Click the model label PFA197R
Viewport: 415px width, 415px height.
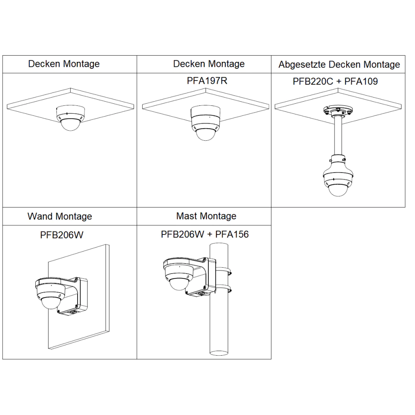click(207, 81)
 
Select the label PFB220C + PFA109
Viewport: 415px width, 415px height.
click(335, 81)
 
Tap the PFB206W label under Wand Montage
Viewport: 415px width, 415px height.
click(62, 235)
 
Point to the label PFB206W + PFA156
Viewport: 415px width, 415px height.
click(205, 234)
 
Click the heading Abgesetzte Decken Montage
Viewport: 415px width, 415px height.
click(339, 65)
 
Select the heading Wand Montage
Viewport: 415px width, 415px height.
click(60, 217)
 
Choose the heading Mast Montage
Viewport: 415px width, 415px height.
click(206, 216)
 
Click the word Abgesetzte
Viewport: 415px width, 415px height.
click(302, 65)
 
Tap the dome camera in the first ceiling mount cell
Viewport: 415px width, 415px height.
click(71, 118)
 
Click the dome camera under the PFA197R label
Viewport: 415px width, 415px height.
click(206, 123)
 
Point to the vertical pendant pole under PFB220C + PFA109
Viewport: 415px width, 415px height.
click(338, 136)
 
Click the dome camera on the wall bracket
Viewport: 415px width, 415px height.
click(51, 294)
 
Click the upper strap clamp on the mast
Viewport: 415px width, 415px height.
click(223, 271)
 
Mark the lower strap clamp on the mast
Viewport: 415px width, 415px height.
click(223, 288)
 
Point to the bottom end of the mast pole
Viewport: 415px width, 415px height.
click(219, 353)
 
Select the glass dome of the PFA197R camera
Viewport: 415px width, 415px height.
click(206, 134)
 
